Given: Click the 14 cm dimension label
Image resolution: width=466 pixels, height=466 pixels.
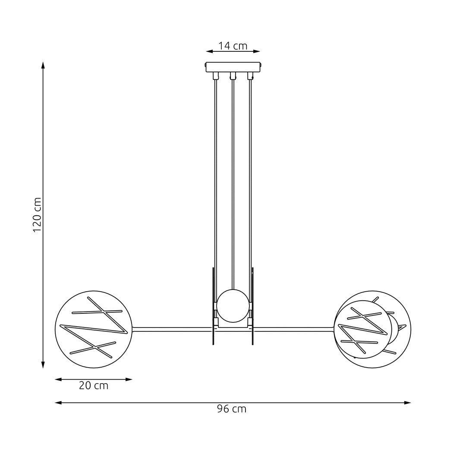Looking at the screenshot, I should pyautogui.click(x=233, y=46).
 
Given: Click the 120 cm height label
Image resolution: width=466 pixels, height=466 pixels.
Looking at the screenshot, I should pyautogui.click(x=38, y=215).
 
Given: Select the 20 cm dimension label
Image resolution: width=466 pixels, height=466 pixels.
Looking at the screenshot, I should pyautogui.click(x=93, y=386).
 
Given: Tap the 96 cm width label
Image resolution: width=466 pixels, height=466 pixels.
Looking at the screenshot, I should pyautogui.click(x=232, y=409).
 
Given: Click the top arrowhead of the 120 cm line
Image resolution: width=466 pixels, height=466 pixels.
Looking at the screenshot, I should pyautogui.click(x=43, y=65).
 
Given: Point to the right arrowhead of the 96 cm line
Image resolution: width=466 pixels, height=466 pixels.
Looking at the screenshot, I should pyautogui.click(x=408, y=403).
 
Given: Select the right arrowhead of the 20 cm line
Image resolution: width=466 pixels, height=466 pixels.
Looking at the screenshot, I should pyautogui.click(x=129, y=379).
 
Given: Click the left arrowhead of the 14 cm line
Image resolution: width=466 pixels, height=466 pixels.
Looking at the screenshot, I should pyautogui.click(x=209, y=51).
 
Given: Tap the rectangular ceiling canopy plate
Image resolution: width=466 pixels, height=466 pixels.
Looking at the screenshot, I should pyautogui.click(x=233, y=67).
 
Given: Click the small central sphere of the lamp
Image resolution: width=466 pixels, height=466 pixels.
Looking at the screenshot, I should pyautogui.click(x=233, y=306).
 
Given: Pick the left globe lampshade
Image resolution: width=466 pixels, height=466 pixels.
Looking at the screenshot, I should pyautogui.click(x=94, y=330).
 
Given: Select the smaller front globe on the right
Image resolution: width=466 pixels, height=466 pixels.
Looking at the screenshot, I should pyautogui.click(x=363, y=330).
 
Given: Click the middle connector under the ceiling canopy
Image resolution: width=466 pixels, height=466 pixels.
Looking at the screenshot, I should pyautogui.click(x=233, y=76).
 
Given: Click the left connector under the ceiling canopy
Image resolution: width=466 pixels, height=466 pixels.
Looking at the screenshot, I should pyautogui.click(x=215, y=76).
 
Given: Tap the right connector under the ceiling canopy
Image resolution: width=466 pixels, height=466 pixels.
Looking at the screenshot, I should pyautogui.click(x=250, y=76).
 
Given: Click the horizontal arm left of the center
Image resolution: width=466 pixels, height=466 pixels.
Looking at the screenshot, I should pyautogui.click(x=173, y=330).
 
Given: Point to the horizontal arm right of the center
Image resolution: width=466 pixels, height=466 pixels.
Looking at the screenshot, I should pyautogui.click(x=293, y=330).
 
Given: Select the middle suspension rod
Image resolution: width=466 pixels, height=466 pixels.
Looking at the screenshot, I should pyautogui.click(x=233, y=181).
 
